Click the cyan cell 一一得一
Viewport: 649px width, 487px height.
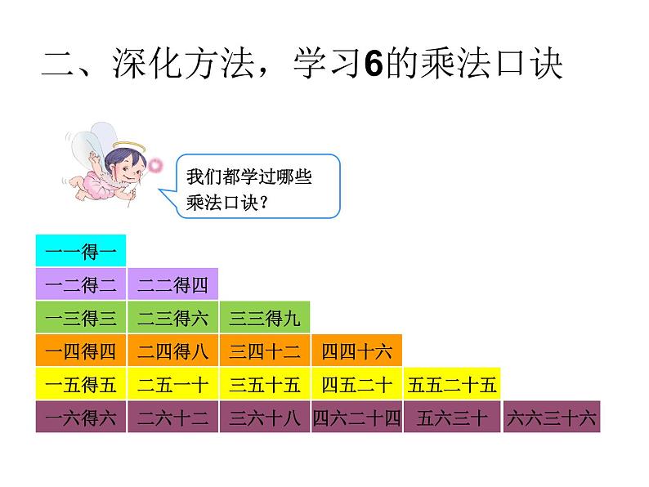(x=81, y=251)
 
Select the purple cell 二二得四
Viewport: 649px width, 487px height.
(x=172, y=284)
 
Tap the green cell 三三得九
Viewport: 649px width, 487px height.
(x=264, y=318)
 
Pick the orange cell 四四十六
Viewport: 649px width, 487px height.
(x=356, y=351)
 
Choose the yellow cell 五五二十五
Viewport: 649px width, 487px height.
(x=452, y=384)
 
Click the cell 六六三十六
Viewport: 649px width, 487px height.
(x=552, y=418)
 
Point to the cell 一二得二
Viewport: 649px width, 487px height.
(x=81, y=284)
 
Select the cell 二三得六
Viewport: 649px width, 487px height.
(x=172, y=318)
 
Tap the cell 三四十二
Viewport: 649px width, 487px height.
(x=264, y=351)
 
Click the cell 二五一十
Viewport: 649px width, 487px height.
(x=172, y=384)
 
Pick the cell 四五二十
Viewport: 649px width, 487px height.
(x=356, y=384)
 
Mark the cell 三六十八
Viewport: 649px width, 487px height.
(x=264, y=418)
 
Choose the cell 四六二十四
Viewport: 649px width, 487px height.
(x=356, y=418)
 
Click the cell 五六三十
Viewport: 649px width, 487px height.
(x=452, y=418)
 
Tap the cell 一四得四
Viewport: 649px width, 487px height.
(x=81, y=351)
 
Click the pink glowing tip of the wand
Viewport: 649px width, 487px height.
(x=155, y=167)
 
